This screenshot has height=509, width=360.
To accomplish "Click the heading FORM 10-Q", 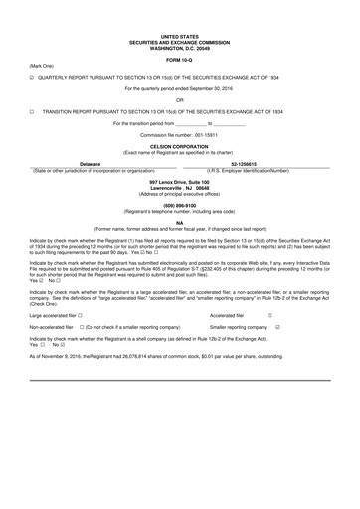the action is (x=179, y=60).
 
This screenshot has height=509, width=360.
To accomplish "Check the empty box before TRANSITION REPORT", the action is (x=33, y=113).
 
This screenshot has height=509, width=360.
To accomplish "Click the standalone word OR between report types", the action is (x=179, y=100).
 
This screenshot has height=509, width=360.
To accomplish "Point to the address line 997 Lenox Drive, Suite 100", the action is (x=179, y=182).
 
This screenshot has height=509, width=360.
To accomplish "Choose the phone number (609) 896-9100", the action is (x=179, y=206).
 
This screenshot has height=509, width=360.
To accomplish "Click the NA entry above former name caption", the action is (x=179, y=223).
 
